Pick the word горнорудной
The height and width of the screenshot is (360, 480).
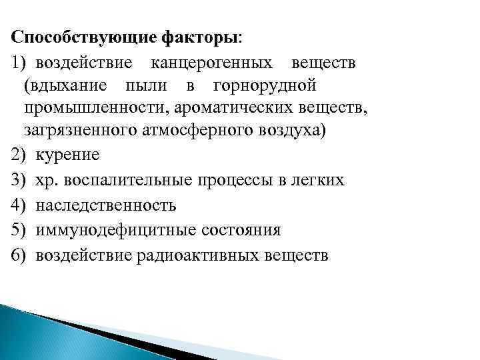pos(263,87)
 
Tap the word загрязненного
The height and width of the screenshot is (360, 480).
pos(80,130)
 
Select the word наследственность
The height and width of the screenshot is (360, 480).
pos(106,205)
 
